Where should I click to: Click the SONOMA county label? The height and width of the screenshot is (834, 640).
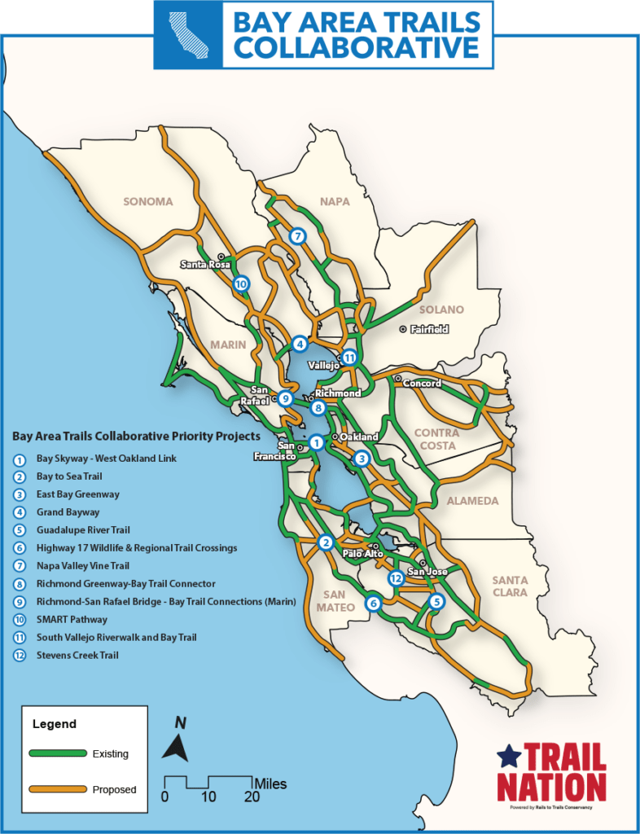[148, 201]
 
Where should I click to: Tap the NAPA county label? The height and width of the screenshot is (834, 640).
[335, 201]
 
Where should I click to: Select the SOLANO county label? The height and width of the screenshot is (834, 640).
[441, 309]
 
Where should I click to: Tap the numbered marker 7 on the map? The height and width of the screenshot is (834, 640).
[298, 236]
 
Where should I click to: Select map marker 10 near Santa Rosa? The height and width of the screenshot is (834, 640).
[240, 284]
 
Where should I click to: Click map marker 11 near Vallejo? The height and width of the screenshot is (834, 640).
[349, 358]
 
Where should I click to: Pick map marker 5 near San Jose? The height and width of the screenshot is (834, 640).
[436, 602]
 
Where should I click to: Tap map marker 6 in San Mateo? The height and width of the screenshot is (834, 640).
[373, 604]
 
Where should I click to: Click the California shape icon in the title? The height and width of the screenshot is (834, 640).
[189, 34]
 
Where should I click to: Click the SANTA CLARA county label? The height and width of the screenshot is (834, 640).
[510, 586]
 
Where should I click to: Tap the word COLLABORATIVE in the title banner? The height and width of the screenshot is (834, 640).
[357, 47]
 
